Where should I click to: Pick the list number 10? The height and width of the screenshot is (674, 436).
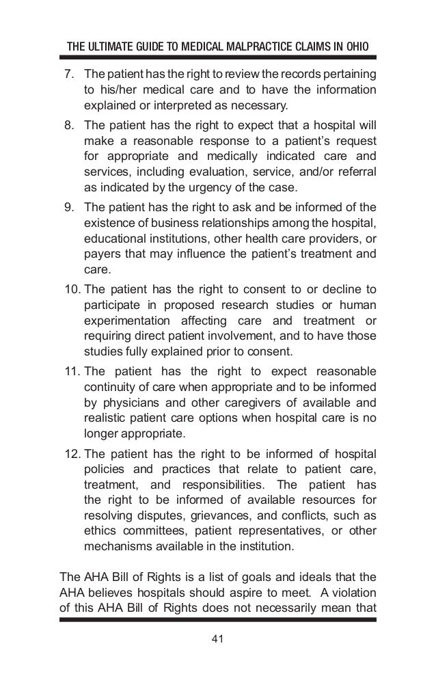(x=70, y=293)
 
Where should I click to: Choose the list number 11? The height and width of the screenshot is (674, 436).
(x=70, y=371)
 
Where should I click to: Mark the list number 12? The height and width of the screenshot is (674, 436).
(x=70, y=453)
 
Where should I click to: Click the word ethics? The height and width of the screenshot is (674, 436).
(x=100, y=531)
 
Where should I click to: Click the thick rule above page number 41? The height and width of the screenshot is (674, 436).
(x=218, y=621)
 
